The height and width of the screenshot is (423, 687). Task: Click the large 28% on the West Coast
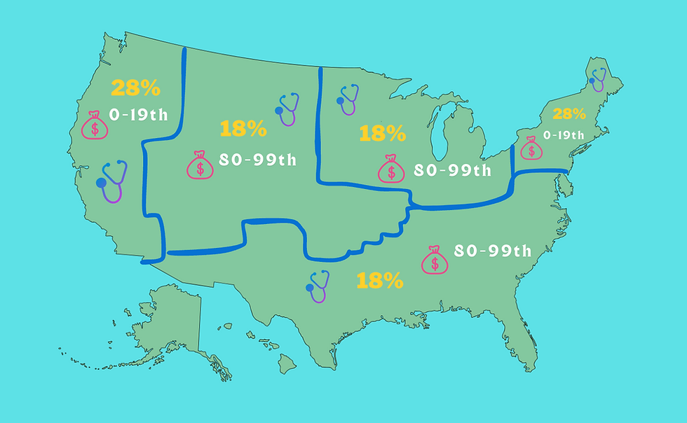pos(136,89)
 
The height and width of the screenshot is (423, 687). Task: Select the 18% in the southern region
pos(380,282)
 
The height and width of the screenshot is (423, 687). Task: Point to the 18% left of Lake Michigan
pos(382,133)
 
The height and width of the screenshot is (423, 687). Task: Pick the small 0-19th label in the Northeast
pos(564,134)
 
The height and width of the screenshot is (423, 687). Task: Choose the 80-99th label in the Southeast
pos(492,251)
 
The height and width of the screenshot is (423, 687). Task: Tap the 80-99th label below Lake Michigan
pos(452,170)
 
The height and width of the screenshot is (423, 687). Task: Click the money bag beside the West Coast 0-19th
pos(94,125)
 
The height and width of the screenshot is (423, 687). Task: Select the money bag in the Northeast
pos(531,148)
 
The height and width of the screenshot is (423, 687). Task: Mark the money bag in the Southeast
pos(435,260)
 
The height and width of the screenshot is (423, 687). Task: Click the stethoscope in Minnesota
pos(347,99)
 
